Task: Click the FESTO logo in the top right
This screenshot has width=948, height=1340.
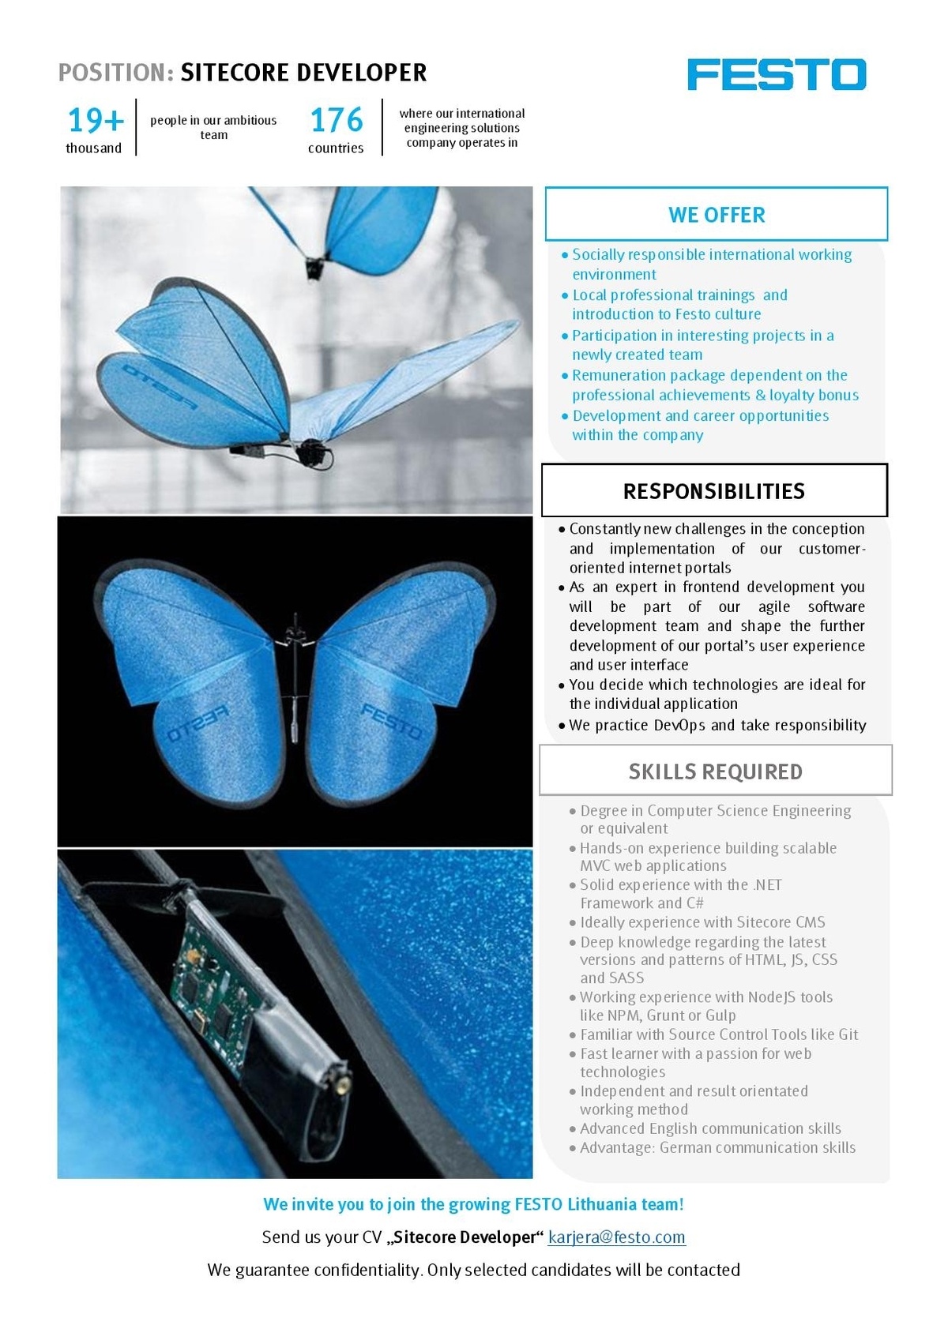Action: [x=777, y=74]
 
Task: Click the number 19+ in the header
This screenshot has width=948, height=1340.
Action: [x=96, y=121]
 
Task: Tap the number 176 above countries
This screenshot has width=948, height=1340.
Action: [x=337, y=121]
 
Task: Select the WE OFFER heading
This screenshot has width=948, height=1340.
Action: [x=717, y=215]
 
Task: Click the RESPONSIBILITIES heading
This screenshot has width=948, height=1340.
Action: [x=714, y=491]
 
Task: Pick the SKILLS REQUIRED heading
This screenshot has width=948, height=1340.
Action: [x=716, y=771]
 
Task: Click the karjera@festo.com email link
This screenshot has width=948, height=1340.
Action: [x=617, y=1237]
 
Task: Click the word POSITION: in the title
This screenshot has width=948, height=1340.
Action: [x=116, y=73]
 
